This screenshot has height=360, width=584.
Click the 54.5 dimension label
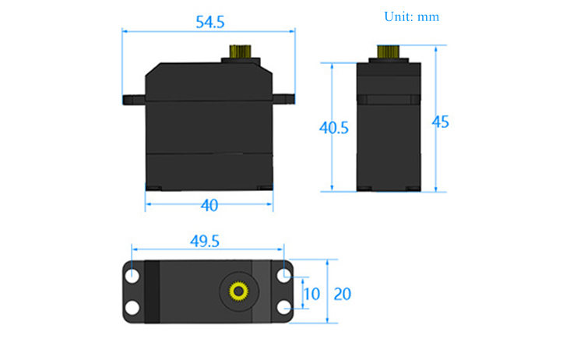(210, 22)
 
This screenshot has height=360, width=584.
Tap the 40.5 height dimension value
(334, 128)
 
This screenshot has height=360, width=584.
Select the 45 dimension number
(440, 122)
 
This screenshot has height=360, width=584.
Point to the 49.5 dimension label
(205, 241)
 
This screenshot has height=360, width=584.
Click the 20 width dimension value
(342, 294)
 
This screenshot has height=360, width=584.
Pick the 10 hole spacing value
(311, 294)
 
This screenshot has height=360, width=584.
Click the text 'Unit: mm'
(412, 17)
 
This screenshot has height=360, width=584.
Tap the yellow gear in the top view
(239, 291)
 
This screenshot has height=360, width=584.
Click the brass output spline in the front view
(240, 51)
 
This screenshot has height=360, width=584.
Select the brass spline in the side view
(388, 51)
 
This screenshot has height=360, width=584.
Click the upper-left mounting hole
(132, 276)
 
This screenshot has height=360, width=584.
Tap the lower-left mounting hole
(132, 308)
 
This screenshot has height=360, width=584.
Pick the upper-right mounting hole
(283, 276)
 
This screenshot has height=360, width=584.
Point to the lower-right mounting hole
(283, 308)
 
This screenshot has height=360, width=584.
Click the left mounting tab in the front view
(134, 100)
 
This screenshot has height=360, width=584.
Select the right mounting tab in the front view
(283, 99)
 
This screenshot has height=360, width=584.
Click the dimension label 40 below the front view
(209, 206)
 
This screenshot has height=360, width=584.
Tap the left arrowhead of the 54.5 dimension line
(125, 31)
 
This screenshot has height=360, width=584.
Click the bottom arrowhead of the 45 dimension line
(436, 189)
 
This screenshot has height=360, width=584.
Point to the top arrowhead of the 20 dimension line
(327, 263)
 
